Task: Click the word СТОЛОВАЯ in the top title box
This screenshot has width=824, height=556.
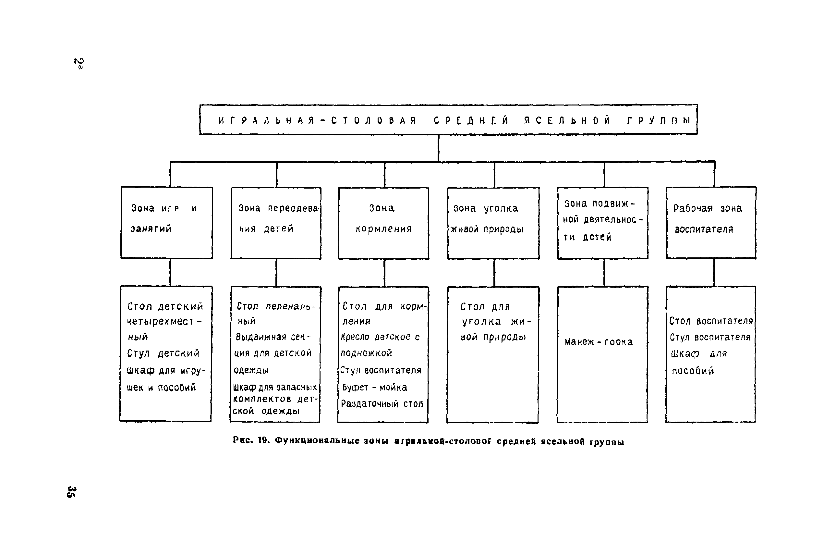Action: click(x=374, y=120)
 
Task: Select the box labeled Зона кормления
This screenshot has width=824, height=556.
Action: click(x=383, y=223)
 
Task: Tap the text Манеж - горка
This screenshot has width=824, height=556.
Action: click(x=599, y=342)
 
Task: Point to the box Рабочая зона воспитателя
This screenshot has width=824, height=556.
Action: click(x=711, y=223)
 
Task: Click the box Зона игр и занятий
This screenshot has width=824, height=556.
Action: click(x=166, y=223)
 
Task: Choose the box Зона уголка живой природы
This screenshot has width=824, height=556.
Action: click(x=493, y=223)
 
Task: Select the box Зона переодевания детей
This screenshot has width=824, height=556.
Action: click(x=276, y=223)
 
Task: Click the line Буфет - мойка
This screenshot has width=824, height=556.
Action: click(x=375, y=387)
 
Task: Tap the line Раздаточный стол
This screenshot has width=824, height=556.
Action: click(x=382, y=404)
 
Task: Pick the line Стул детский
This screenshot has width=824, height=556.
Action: click(x=164, y=353)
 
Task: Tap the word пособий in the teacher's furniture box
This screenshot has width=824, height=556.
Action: click(x=693, y=371)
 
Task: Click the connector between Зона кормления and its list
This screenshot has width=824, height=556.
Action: click(x=384, y=273)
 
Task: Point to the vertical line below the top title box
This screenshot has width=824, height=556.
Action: click(x=438, y=148)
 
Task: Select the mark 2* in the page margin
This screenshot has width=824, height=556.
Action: click(x=79, y=64)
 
